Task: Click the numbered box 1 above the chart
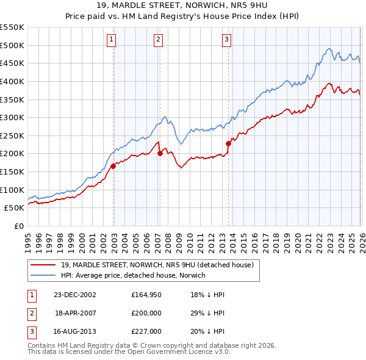pos(113,40)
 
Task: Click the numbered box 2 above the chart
pos(158,40)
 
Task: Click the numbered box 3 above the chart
pos(226,40)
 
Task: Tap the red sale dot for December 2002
pos(113,166)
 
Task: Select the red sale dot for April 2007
pos(160,153)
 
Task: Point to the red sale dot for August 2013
pos(228,144)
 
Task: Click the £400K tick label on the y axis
pos(12,81)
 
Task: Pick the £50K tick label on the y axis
pos(14,208)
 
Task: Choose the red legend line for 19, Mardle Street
pos(42,265)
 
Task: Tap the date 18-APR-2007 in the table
pos(75,314)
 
